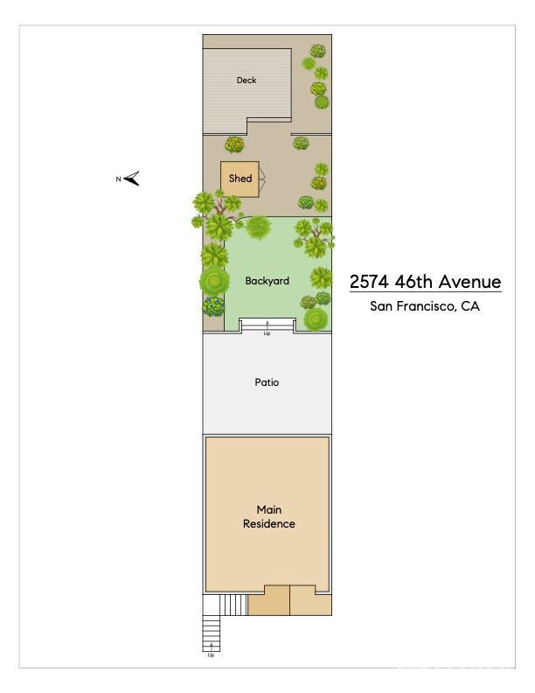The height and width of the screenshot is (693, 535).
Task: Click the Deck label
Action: point(247,80)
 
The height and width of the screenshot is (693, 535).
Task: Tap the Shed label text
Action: point(240,178)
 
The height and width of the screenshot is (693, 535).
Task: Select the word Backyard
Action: point(267,281)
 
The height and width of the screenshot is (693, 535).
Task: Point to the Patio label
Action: point(267,382)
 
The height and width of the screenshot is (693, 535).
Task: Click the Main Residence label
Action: point(268,516)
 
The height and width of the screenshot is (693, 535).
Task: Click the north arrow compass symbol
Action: point(132,179)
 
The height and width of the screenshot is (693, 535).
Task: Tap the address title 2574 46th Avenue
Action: point(425,282)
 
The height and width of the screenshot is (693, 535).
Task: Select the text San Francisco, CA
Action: point(425,306)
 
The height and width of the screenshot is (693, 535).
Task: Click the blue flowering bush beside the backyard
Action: point(213,306)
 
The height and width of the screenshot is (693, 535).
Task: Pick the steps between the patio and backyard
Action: point(267,325)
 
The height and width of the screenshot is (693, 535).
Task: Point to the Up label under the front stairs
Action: point(211,655)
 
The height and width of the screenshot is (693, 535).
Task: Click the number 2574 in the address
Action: point(368,282)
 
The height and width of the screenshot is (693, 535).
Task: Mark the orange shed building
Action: point(239,178)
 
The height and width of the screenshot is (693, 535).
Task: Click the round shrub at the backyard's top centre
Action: point(258,227)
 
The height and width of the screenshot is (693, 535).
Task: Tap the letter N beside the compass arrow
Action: point(118,179)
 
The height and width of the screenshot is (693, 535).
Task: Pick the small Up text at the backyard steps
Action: point(267,333)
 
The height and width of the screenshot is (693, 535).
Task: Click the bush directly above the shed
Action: point(234,144)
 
